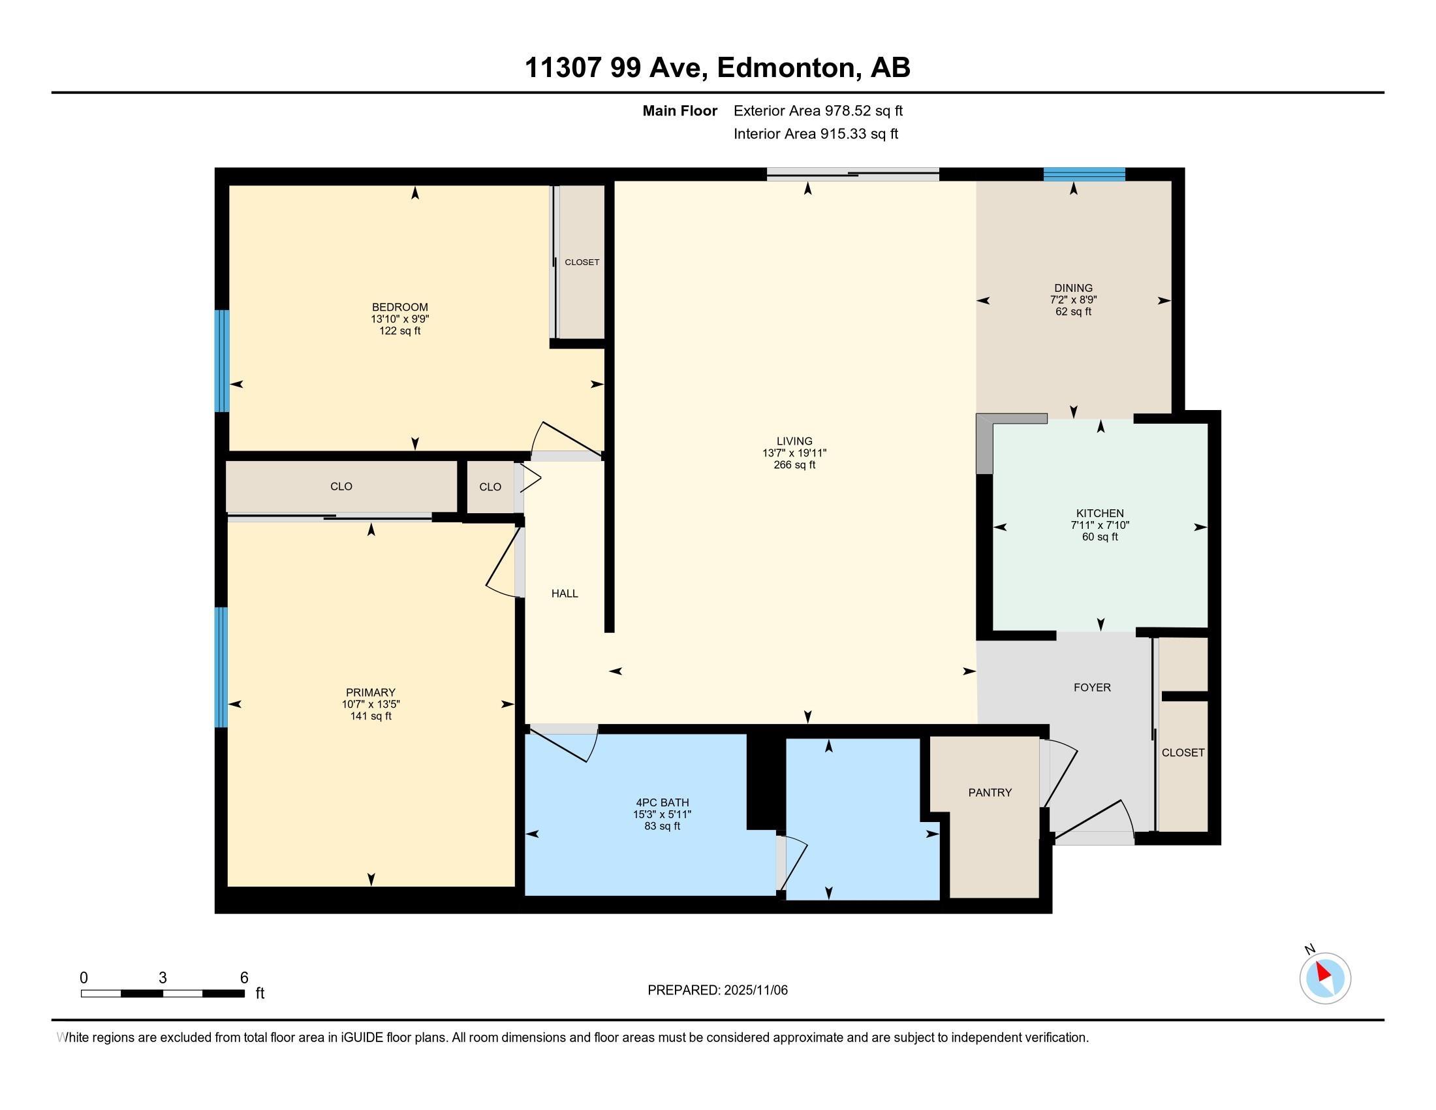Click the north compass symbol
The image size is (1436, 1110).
click(x=1325, y=978)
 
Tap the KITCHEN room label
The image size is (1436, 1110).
click(x=1099, y=513)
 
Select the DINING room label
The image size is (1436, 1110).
click(x=1073, y=288)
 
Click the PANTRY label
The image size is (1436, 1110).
click(x=990, y=793)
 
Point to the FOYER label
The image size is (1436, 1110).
click(x=1091, y=687)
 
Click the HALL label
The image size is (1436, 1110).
click(x=564, y=593)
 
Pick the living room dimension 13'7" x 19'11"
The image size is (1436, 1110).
click(x=794, y=453)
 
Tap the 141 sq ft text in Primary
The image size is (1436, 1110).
click(x=371, y=716)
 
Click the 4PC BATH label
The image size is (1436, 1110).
click(x=662, y=802)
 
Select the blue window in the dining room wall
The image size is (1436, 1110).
click(x=1084, y=174)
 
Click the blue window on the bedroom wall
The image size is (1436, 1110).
click(x=222, y=360)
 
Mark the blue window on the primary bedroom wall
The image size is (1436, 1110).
click(x=221, y=667)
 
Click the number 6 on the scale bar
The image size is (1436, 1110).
click(x=244, y=977)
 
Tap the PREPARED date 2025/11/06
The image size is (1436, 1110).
click(x=754, y=991)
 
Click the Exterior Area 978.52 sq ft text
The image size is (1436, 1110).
click(x=818, y=110)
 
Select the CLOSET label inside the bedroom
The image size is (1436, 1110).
click(x=582, y=262)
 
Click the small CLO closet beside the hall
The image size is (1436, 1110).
click(x=490, y=486)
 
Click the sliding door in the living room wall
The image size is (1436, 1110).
click(x=853, y=174)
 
